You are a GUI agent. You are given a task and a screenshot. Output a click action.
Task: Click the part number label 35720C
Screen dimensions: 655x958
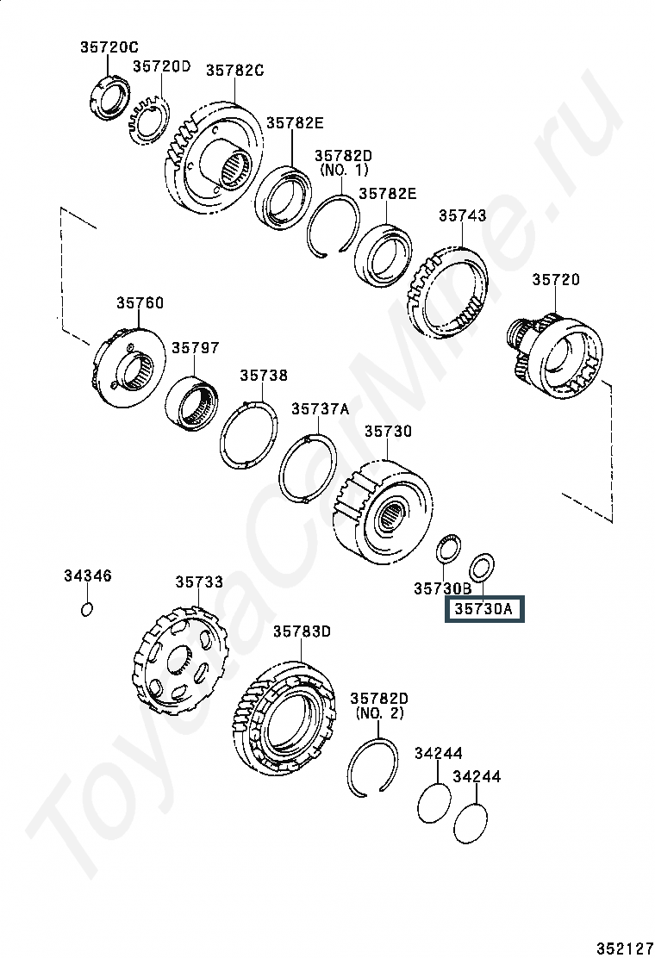point(109,47)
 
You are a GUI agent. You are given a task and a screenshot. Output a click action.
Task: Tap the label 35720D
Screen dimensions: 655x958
point(162,66)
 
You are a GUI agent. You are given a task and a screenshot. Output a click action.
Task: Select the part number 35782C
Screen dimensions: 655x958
point(234,71)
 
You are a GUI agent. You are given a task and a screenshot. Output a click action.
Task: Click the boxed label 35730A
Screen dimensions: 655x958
point(483,609)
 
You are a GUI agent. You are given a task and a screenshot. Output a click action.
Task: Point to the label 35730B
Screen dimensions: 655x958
point(443,588)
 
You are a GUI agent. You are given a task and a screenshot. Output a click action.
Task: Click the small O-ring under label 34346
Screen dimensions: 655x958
point(87,609)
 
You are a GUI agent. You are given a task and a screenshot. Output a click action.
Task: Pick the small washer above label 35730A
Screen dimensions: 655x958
point(482,566)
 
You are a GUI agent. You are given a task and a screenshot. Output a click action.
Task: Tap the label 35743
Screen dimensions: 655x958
point(463,215)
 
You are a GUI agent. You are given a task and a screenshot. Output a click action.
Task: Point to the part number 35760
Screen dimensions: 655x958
point(140,303)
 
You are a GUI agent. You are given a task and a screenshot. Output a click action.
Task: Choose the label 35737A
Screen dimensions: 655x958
point(320,408)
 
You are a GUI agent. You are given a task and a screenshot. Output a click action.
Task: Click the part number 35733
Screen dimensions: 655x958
point(199,582)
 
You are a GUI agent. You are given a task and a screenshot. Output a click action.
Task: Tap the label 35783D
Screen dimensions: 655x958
point(302,631)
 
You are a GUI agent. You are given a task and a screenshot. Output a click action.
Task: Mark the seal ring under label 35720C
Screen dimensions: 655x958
point(109,96)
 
